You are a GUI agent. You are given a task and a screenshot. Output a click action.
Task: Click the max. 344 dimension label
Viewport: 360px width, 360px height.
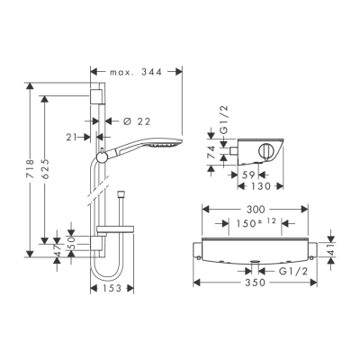click(136, 72)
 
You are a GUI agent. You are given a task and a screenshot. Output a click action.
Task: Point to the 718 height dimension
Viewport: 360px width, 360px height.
click(30, 169)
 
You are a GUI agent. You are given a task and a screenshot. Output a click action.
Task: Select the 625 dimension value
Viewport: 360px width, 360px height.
click(45, 169)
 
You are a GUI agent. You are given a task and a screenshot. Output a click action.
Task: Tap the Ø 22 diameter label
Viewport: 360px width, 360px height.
click(137, 121)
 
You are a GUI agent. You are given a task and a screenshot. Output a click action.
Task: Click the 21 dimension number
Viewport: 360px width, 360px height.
click(71, 137)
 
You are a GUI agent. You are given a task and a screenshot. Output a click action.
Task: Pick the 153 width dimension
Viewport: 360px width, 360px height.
click(112, 288)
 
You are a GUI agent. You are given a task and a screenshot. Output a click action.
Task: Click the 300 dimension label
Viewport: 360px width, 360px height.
click(255, 210)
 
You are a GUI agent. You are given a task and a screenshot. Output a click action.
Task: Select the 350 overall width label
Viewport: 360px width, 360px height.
click(256, 283)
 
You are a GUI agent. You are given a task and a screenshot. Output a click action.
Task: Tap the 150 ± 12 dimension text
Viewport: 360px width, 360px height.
click(256, 223)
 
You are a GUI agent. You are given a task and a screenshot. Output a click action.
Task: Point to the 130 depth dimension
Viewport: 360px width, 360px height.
click(261, 186)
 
